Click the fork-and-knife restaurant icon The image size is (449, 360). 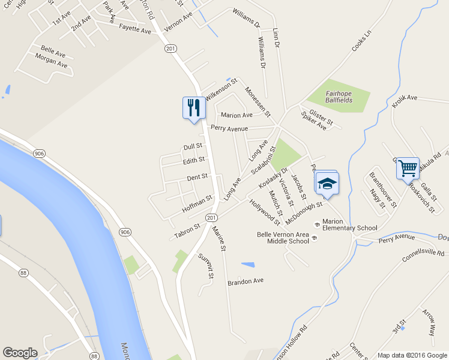point(191,108)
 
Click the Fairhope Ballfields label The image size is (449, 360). point(339,97)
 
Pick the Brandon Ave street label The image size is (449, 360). point(246,281)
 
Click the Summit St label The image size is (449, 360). point(205,266)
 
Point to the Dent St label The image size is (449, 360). point(197,177)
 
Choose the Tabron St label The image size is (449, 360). point(187,229)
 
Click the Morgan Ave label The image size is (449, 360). point(51,60)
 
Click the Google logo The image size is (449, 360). point(20,353)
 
